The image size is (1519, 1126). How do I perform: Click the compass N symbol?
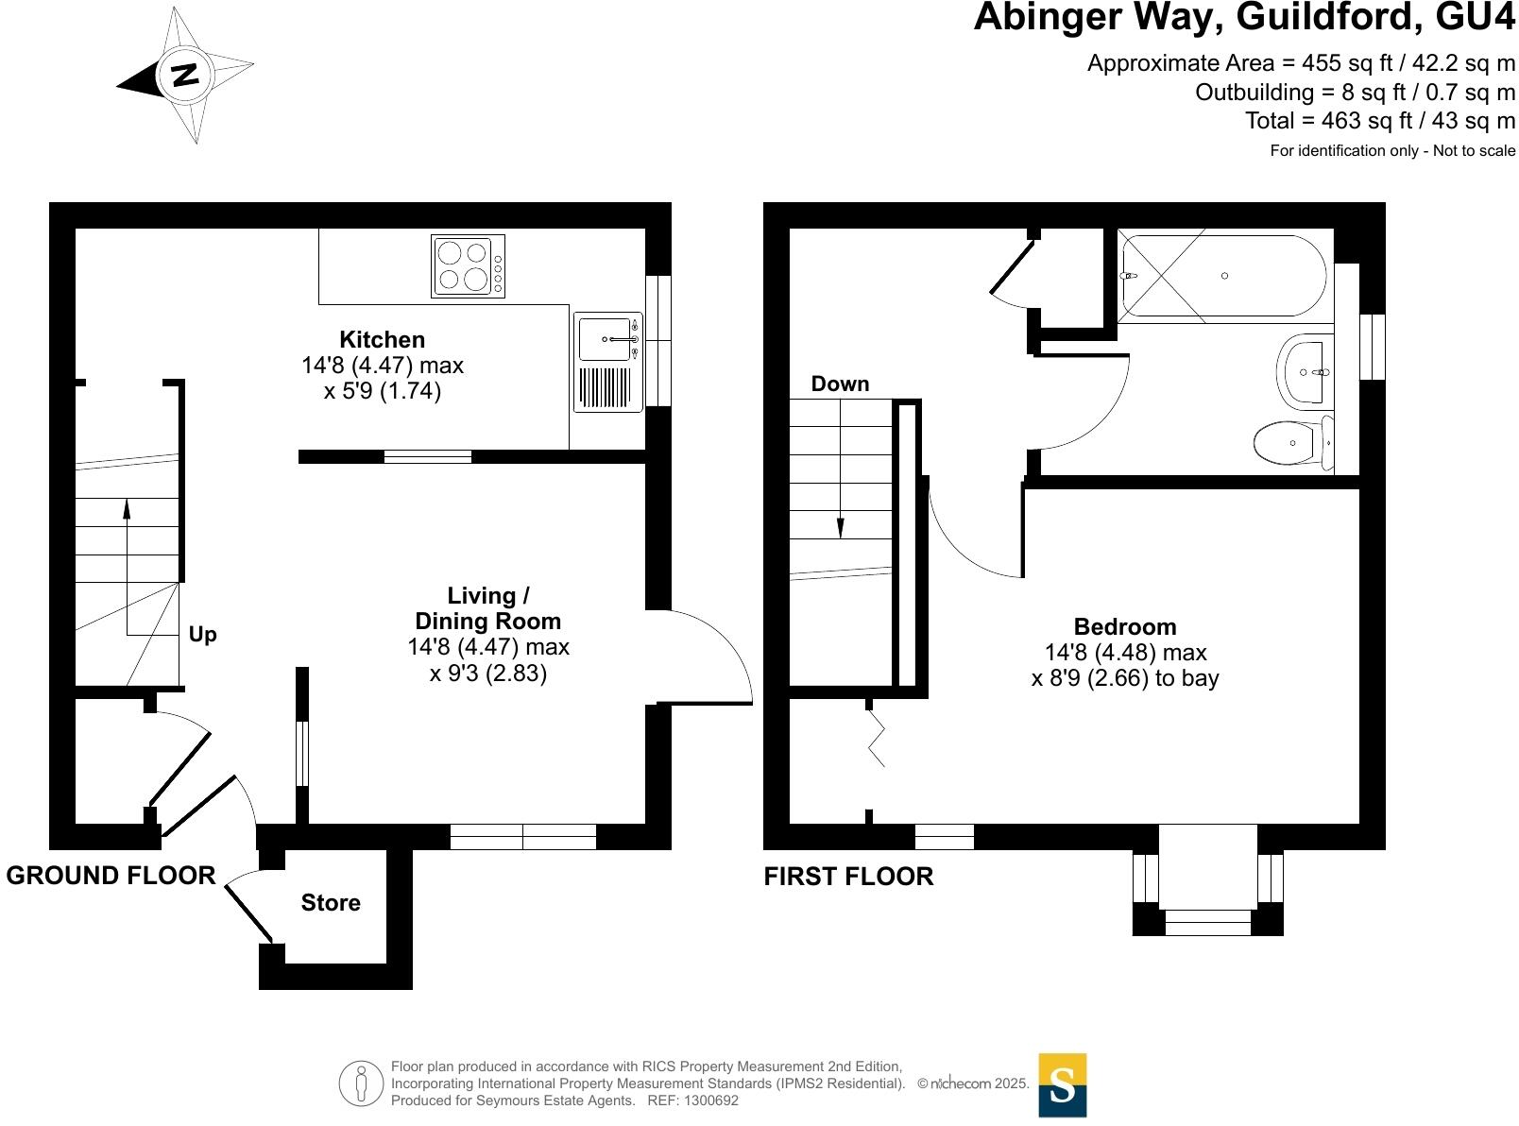185,75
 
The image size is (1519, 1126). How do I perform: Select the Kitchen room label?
382,339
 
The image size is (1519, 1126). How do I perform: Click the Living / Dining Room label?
487,608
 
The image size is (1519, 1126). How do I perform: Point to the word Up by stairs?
202,634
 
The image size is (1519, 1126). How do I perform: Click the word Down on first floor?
840,384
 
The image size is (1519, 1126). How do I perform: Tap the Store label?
331,903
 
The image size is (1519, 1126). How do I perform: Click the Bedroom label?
1124,627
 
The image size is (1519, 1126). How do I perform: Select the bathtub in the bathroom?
1222,276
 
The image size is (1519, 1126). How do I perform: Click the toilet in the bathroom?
1290,442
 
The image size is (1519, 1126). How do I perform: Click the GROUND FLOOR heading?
111,876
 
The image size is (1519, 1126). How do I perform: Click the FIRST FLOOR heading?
848,877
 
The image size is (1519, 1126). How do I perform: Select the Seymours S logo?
1062,1084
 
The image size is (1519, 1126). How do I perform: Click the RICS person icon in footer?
361,1083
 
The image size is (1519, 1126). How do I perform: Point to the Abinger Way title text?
1243,17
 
